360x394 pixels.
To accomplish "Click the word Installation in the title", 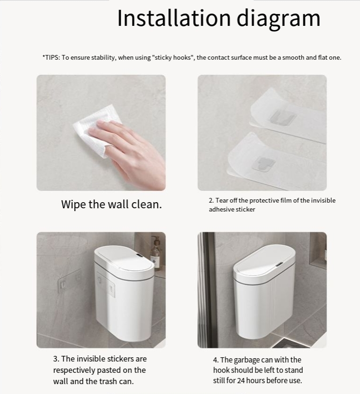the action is pos(174,18).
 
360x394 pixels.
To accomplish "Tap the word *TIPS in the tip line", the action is pos(51,57).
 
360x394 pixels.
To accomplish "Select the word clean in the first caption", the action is pos(147,204).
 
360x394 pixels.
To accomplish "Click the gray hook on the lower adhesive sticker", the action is pos(264,163).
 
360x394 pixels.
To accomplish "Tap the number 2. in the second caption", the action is pos(211,200).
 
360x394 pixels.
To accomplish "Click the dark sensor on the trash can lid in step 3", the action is pos(140,257).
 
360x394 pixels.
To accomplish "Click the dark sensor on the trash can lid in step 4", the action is pos(279,264).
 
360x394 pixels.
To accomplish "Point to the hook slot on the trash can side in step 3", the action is pos(111,290).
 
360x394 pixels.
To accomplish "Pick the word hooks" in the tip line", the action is pos(183,57).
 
